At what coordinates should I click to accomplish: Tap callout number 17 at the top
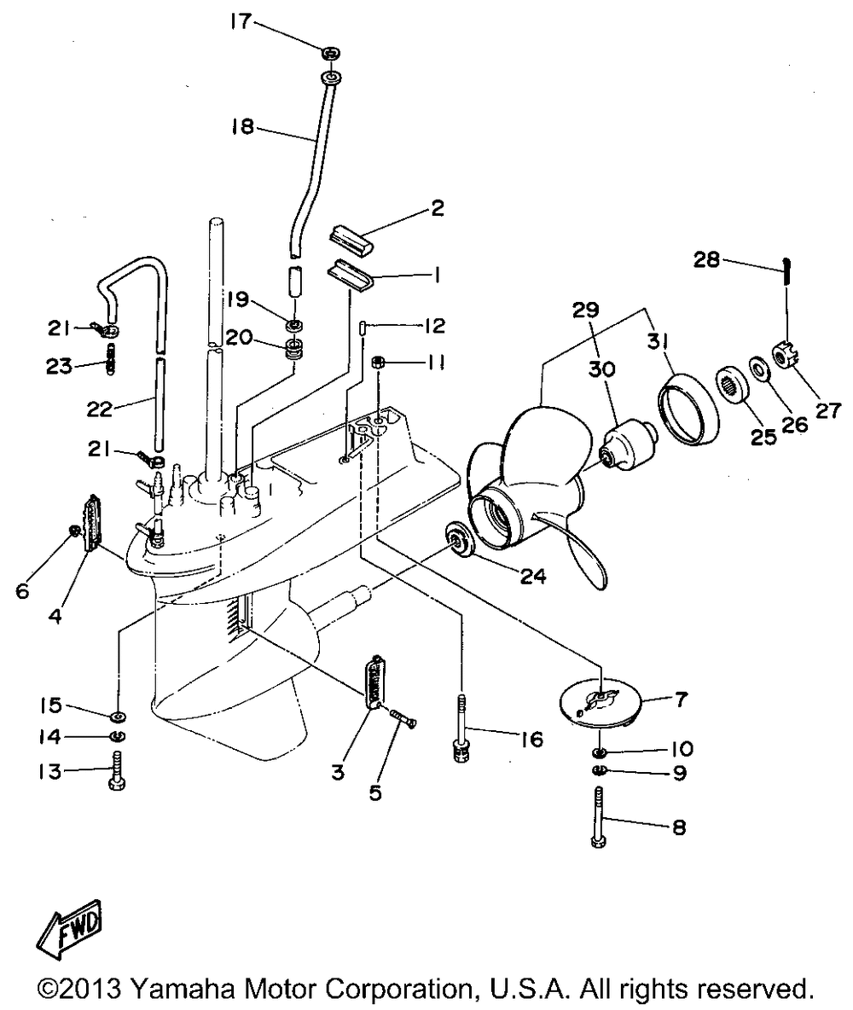[x=241, y=22]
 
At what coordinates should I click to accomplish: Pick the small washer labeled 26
[x=757, y=369]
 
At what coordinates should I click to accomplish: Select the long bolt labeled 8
[x=598, y=817]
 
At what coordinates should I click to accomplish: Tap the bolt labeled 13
[x=117, y=770]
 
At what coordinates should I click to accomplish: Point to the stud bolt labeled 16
[x=460, y=728]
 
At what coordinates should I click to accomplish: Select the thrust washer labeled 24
[x=460, y=538]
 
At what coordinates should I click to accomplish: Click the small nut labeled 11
[x=378, y=362]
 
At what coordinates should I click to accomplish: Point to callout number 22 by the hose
[x=100, y=409]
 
